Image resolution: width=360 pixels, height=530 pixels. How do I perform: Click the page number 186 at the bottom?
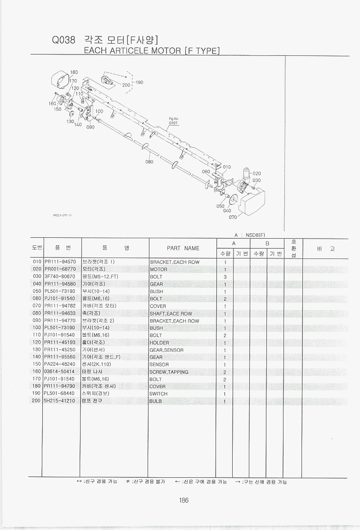183,500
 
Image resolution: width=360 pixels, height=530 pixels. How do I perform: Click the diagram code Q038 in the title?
63,40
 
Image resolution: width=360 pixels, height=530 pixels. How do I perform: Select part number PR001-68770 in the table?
60,269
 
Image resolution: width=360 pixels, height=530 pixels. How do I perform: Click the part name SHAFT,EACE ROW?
171,313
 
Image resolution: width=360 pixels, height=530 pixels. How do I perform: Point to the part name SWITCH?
158,394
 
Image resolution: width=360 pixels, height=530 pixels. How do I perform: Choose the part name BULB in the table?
156,401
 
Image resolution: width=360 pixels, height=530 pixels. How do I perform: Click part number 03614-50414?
60,372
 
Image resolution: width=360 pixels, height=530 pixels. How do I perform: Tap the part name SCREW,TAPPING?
169,372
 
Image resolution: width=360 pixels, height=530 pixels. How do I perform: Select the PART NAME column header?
183,248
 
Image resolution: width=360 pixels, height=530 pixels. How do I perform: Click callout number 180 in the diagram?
74,72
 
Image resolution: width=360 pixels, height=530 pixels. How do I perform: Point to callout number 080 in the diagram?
149,162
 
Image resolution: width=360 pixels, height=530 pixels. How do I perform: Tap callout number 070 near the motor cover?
233,217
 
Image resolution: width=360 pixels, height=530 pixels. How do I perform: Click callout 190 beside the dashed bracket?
139,82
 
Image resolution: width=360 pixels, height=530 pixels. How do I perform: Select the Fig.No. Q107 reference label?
174,121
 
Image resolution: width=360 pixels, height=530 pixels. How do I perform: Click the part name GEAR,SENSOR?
166,350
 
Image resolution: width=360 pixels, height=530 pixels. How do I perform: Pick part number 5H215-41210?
60,401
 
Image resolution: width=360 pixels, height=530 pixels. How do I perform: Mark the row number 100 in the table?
37,328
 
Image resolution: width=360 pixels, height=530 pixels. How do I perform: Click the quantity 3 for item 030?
225,276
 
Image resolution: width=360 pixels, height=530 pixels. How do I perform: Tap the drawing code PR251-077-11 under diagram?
63,215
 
